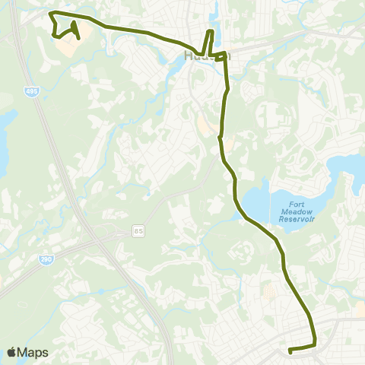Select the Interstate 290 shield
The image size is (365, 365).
pyautogui.click(x=46, y=260)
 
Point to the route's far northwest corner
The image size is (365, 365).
pyautogui.click(x=49, y=13)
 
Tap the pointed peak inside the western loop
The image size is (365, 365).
pyautogui.click(x=75, y=22)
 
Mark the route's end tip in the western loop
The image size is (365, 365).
pyautogui.click(x=80, y=39)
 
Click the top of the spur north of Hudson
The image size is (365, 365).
pyautogui.click(x=211, y=31)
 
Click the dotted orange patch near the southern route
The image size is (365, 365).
pyautogui.click(x=268, y=291)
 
